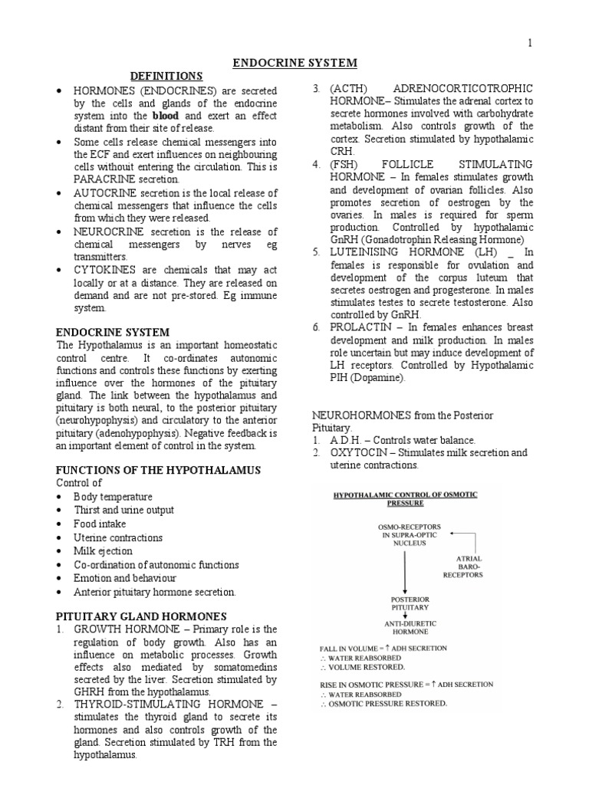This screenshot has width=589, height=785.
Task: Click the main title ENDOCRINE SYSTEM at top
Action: click(294, 63)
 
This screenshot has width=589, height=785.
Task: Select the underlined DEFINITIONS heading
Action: click(166, 76)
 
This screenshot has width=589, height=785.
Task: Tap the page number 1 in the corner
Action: click(529, 43)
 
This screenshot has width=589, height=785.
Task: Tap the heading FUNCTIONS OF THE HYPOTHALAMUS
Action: click(159, 469)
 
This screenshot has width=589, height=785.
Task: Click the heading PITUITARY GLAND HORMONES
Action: click(141, 616)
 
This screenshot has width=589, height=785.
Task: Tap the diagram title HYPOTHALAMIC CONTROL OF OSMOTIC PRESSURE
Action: click(405, 499)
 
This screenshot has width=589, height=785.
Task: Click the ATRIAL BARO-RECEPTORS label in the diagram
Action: click(469, 567)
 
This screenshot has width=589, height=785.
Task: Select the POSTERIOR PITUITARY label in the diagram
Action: click(404, 603)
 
